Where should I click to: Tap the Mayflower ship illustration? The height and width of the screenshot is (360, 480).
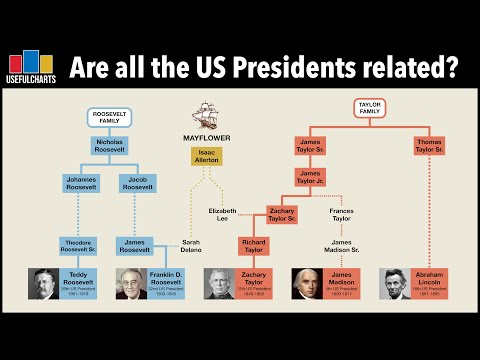205,118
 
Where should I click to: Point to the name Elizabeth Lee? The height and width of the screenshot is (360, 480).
223,215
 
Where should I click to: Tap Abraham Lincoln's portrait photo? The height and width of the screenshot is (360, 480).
398,284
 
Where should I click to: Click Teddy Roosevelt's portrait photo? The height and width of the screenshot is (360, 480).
46,284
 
